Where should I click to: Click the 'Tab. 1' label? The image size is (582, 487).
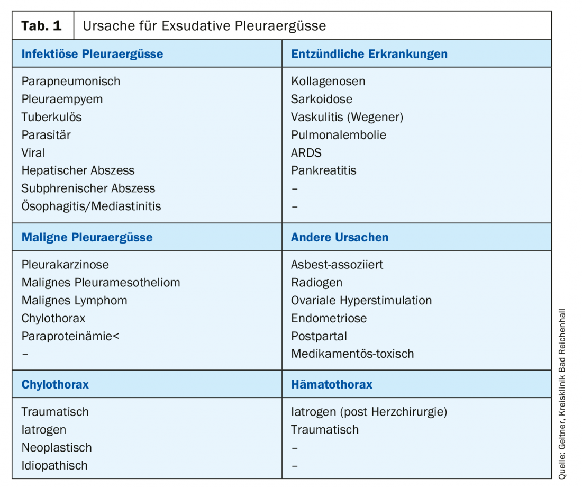pos(42,25)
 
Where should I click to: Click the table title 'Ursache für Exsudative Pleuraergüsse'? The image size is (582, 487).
pos(204,25)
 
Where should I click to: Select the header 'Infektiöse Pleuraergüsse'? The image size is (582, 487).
pos(92,54)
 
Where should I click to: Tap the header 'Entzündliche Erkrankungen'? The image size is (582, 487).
pos(369,54)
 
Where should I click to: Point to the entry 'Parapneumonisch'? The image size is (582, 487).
pos(71,82)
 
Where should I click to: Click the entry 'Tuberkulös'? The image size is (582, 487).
pos(52,117)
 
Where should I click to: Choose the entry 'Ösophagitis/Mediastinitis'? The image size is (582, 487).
pos(91,206)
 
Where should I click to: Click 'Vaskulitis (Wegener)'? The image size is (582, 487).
pos(347,117)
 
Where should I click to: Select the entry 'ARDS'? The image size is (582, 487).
pos(306,152)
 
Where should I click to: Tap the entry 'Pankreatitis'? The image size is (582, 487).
pos(323,170)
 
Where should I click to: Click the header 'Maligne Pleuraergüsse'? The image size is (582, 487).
pos(87,237)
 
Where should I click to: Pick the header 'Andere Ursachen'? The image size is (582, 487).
pos(339,237)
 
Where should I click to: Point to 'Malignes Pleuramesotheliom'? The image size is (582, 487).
pos(101,283)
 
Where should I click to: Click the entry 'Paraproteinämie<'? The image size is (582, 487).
pos(70,336)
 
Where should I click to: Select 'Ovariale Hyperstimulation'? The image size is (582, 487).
pos(361,301)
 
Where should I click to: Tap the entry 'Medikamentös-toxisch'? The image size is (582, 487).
pos(352,354)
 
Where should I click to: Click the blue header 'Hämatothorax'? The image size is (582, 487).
pos(331,384)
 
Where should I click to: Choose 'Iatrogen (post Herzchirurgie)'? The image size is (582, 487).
pos(369,412)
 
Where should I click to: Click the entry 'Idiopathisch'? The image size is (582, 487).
pos(54,466)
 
